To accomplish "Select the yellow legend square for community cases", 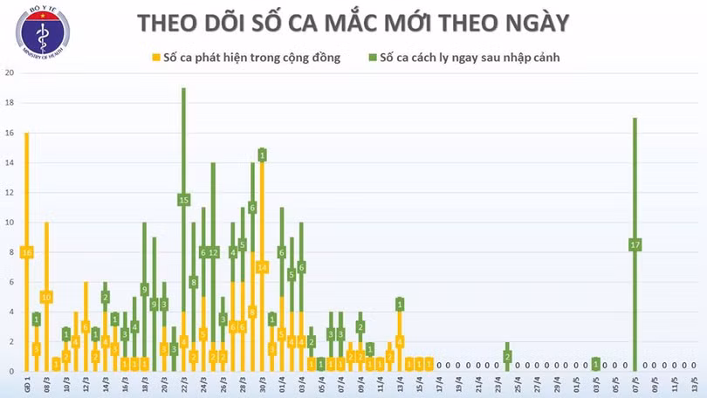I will pyautogui.click(x=155, y=58).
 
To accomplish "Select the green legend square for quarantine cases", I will pyautogui.click(x=372, y=58).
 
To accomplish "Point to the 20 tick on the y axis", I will pyautogui.click(x=9, y=73).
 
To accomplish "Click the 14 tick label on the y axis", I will pyautogui.click(x=9, y=163).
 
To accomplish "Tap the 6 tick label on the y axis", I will pyautogui.click(x=10, y=282).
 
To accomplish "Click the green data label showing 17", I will pyautogui.click(x=635, y=245).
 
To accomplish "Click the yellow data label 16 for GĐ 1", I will pyautogui.click(x=27, y=252).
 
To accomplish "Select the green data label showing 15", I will pyautogui.click(x=183, y=200).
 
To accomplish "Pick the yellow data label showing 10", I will pyautogui.click(x=46, y=297).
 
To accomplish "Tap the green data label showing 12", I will pyautogui.click(x=213, y=252).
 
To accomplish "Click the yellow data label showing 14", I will pyautogui.click(x=262, y=267).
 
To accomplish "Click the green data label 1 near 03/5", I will pyautogui.click(x=596, y=364).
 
